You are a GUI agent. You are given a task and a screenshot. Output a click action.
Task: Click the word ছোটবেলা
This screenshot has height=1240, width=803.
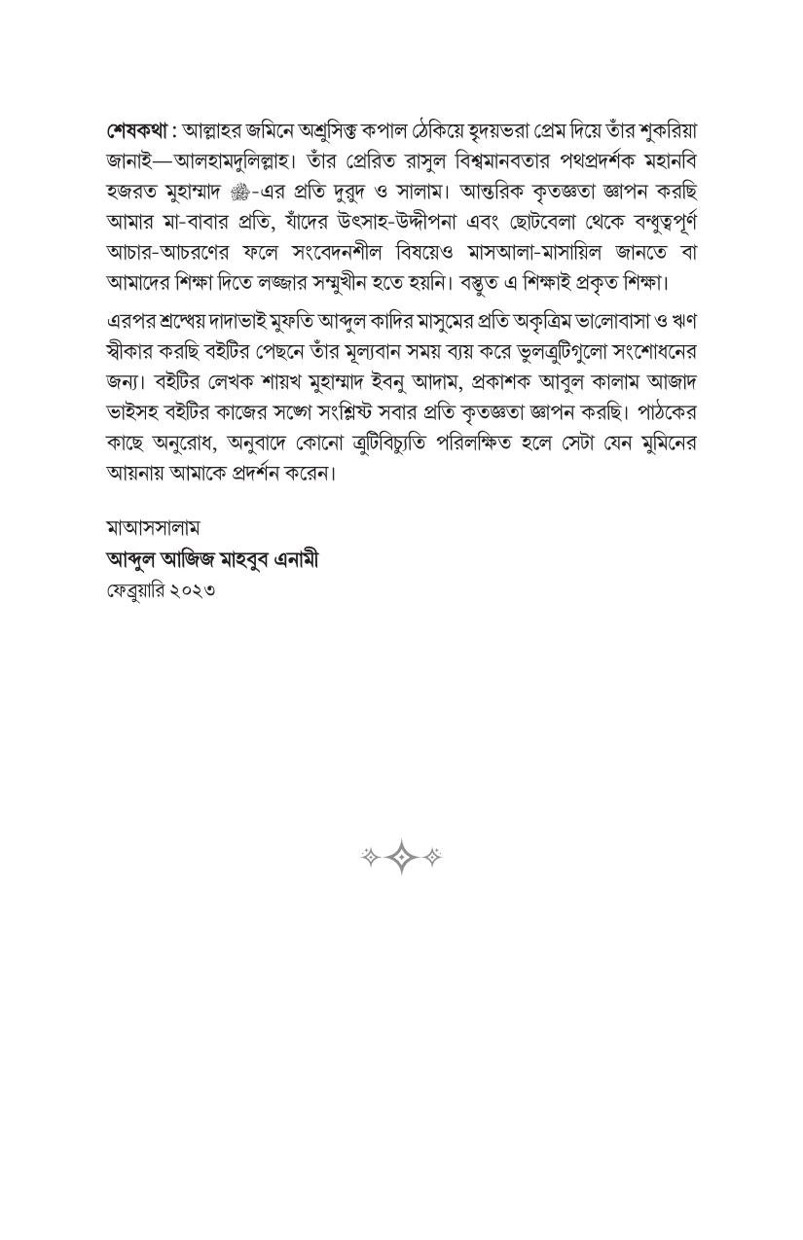coord(542,222)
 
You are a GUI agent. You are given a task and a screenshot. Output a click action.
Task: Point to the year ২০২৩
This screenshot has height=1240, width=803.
coord(197,590)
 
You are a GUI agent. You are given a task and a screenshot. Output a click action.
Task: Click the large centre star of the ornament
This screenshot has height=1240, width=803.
coord(401,857)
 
